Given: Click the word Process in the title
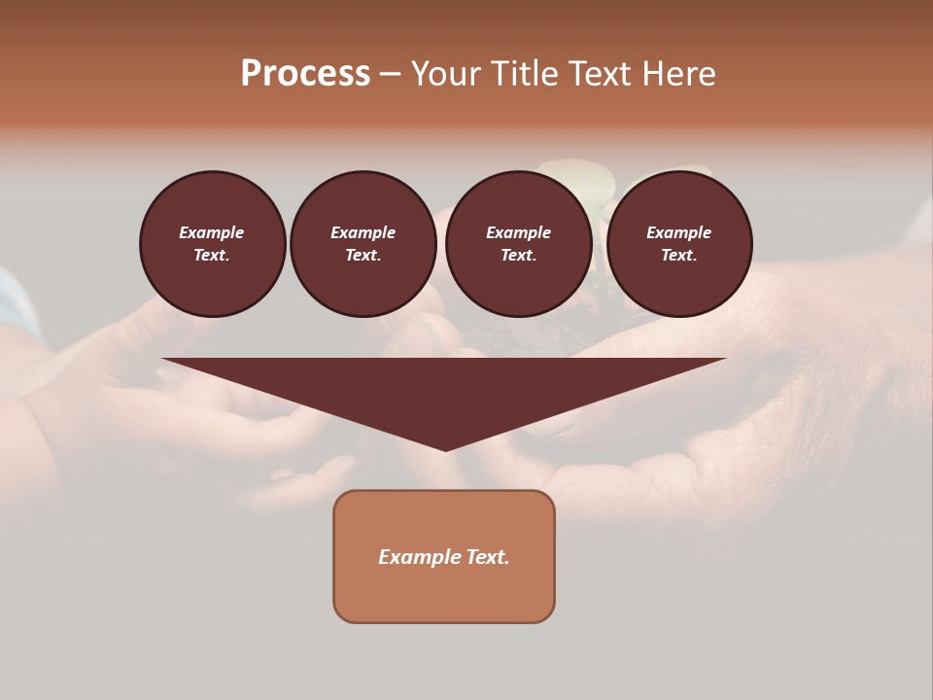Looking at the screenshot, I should (x=305, y=74).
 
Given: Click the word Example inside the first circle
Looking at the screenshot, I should (x=212, y=232).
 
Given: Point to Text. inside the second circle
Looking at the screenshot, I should (x=363, y=256).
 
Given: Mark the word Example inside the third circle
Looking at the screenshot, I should (x=519, y=232).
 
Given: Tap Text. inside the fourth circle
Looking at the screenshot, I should (x=679, y=256).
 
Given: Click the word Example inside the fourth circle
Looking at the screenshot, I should (x=679, y=232).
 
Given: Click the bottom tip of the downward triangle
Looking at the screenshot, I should (x=445, y=448).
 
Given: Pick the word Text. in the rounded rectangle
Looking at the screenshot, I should (x=488, y=557).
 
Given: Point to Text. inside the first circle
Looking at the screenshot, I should (x=212, y=256).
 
